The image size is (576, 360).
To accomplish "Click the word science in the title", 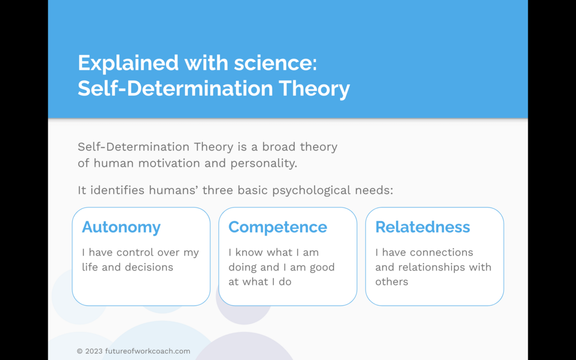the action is (x=276, y=63).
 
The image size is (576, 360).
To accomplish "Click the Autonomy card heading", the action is (x=122, y=228).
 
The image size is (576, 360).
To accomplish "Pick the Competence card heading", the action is (x=278, y=228).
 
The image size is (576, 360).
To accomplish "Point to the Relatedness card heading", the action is (x=422, y=226).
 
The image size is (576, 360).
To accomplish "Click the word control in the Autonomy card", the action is (x=148, y=252).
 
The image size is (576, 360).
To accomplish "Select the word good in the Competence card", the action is (x=322, y=268).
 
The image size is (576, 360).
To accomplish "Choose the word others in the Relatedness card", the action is (x=391, y=282).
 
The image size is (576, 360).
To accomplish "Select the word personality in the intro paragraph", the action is (x=264, y=163).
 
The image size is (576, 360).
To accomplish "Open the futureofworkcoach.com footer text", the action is (x=148, y=351).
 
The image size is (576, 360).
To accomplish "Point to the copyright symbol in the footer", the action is (x=80, y=351).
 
